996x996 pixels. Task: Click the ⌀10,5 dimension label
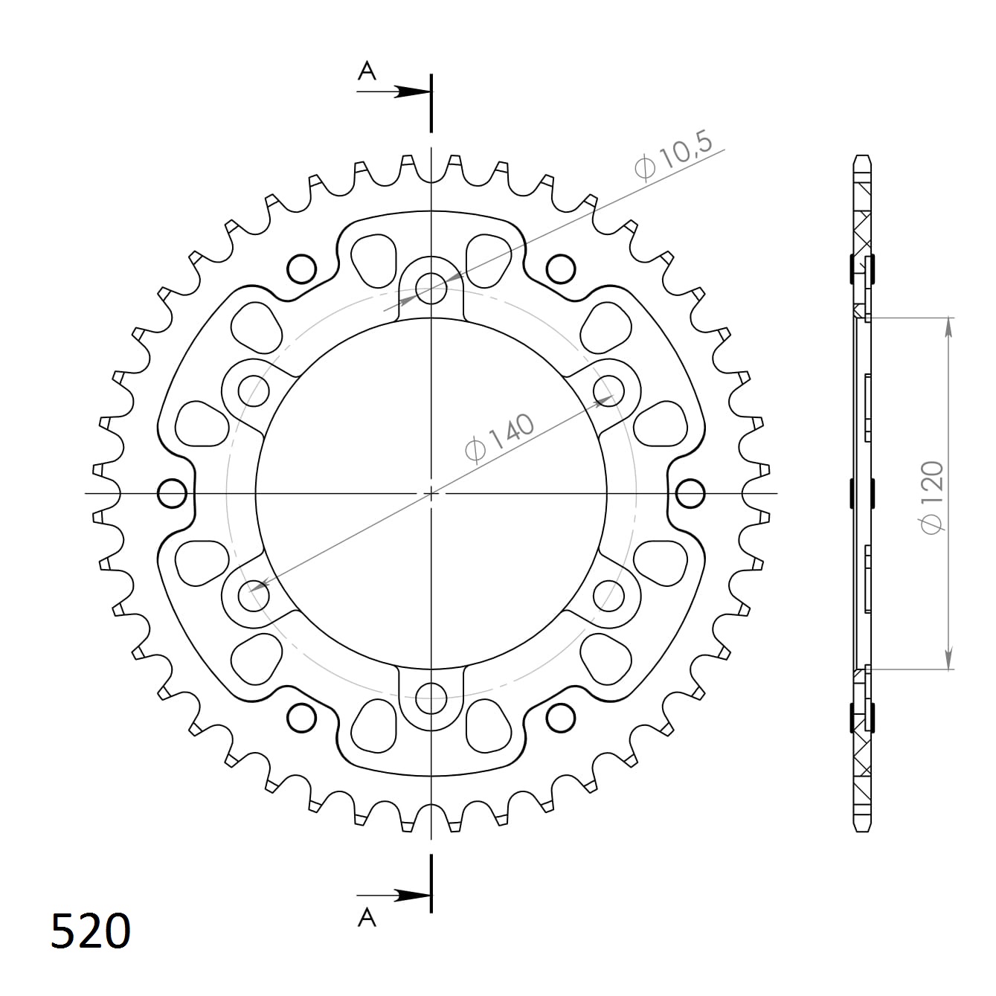tap(672, 157)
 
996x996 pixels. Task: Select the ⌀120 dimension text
tap(931, 496)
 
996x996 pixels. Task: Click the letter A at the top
tap(367, 71)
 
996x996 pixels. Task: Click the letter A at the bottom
tap(367, 919)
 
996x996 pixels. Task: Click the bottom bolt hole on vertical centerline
tap(431, 698)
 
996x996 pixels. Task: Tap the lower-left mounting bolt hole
tap(254, 596)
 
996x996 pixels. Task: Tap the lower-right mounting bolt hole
tap(608, 596)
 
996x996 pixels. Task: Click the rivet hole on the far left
tap(173, 492)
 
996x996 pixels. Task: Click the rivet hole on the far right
tap(690, 492)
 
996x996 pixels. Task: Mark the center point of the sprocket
tap(431, 493)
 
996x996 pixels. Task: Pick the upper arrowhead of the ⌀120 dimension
tap(948, 326)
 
